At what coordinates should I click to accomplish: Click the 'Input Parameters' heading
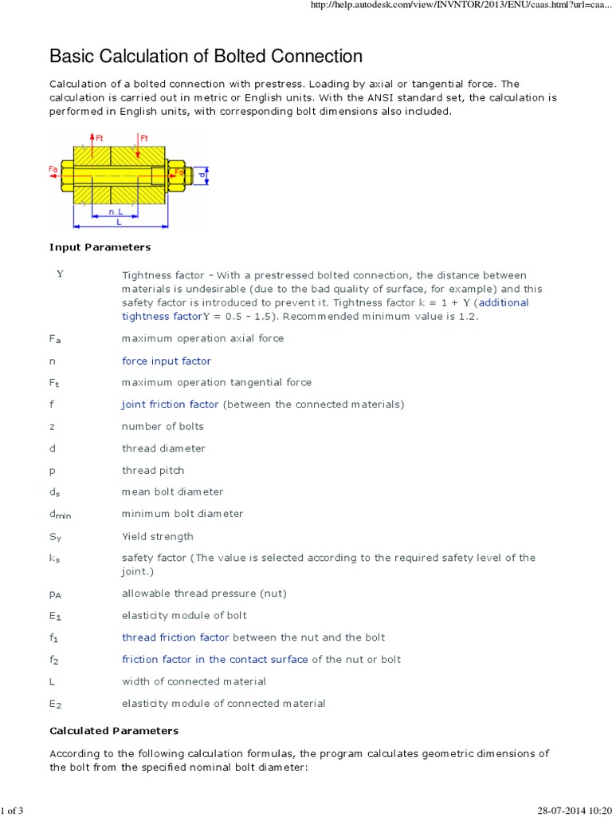pyautogui.click(x=100, y=247)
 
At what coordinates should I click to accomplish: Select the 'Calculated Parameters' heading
pyautogui.click(x=114, y=730)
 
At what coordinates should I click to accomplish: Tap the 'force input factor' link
pyautogui.click(x=166, y=361)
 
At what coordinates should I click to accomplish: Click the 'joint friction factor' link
pyautogui.click(x=170, y=405)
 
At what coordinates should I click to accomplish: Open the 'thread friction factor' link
pyautogui.click(x=175, y=637)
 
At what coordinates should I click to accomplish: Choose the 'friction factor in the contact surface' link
pyautogui.click(x=214, y=659)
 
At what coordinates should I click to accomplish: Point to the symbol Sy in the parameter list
pyautogui.click(x=54, y=537)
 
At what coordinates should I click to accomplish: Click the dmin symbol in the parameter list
pyautogui.click(x=60, y=515)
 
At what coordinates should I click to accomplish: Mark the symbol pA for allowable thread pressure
pyautogui.click(x=55, y=594)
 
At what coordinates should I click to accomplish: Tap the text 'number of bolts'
pyautogui.click(x=163, y=426)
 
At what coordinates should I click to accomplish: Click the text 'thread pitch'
pyautogui.click(x=152, y=470)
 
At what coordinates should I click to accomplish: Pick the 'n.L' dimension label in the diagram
pyautogui.click(x=116, y=212)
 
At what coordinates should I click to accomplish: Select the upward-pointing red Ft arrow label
pyautogui.click(x=99, y=138)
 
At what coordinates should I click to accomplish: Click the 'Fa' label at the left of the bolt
pyautogui.click(x=53, y=169)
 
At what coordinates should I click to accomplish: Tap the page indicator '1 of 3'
pyautogui.click(x=12, y=811)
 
